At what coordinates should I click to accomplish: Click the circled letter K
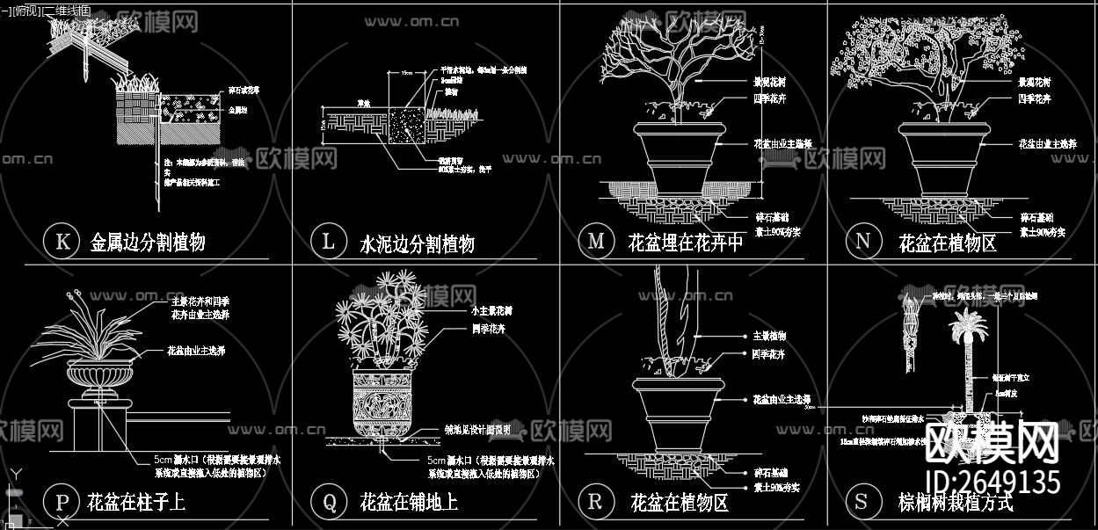click(62, 242)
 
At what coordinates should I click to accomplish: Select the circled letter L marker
click(329, 242)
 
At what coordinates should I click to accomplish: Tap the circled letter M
click(596, 241)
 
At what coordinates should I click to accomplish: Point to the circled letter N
click(862, 241)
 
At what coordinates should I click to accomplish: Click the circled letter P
click(62, 502)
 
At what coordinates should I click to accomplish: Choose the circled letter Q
click(329, 502)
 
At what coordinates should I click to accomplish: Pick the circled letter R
click(596, 501)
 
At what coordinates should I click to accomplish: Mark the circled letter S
click(862, 501)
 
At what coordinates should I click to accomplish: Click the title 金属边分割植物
click(148, 243)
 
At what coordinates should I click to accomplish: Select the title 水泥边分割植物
click(417, 243)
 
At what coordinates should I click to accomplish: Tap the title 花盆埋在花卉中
click(686, 243)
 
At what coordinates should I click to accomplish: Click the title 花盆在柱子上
click(136, 503)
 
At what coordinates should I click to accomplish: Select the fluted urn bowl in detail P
click(102, 377)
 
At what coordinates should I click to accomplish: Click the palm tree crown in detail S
click(967, 326)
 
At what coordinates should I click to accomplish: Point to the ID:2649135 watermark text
click(993, 483)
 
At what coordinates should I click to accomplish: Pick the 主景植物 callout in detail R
click(769, 336)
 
